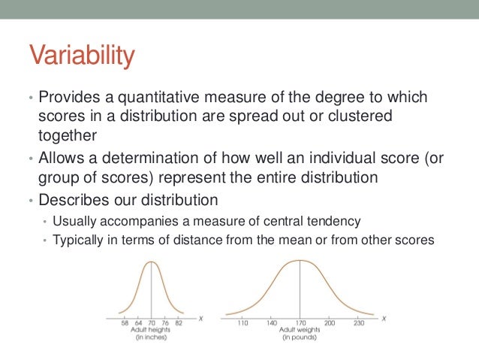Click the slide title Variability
point(82,56)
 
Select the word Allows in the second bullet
point(65,159)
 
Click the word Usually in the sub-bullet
point(72,221)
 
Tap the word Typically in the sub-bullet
point(76,241)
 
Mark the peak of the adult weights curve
point(300,260)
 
